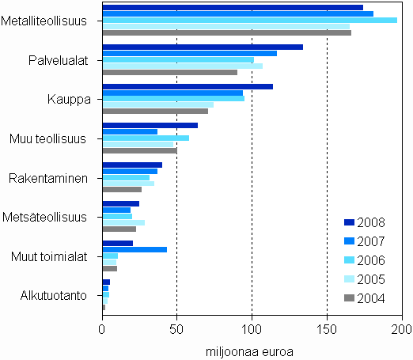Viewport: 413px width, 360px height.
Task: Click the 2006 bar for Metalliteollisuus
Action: (249, 20)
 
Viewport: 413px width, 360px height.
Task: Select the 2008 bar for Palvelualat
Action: (203, 47)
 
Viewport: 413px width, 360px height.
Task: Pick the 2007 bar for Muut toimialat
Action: (135, 250)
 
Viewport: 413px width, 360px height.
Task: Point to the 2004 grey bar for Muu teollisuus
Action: (140, 150)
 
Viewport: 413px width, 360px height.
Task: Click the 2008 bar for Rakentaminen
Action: (132, 165)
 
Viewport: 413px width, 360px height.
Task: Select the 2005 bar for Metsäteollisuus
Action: (123, 223)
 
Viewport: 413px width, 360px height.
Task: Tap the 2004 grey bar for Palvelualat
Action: (170, 72)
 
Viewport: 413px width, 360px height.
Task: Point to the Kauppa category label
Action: (69, 100)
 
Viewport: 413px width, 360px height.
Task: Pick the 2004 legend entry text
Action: (372, 297)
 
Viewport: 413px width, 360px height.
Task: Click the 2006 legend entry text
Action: (372, 260)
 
